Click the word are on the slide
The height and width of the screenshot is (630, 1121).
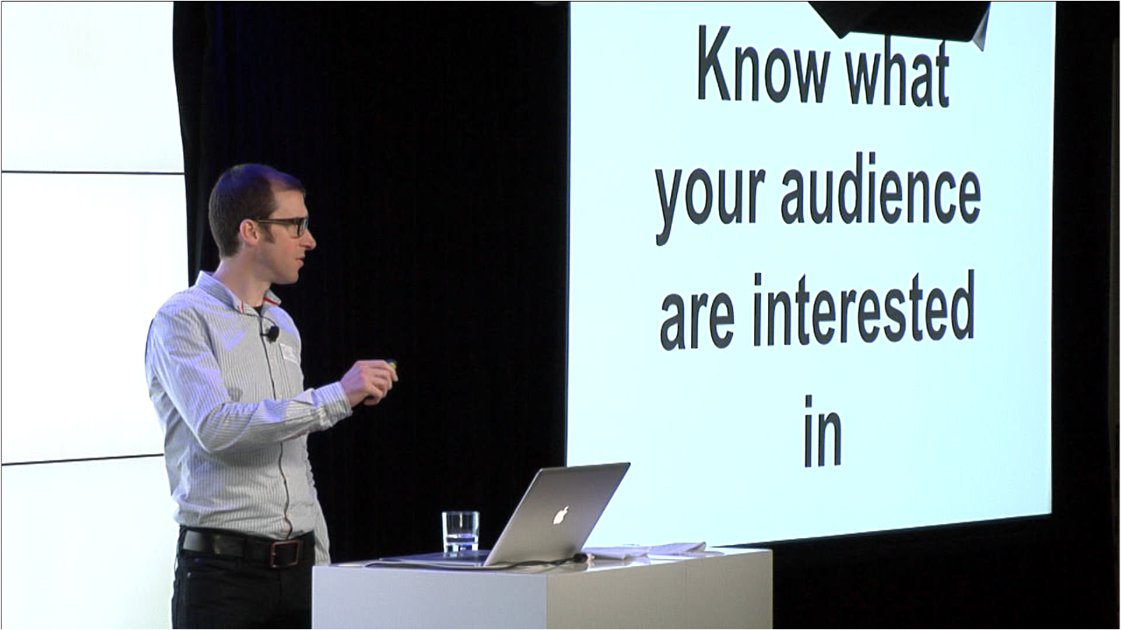697,321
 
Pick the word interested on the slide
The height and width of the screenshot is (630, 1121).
864,309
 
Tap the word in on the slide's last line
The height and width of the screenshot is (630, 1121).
822,431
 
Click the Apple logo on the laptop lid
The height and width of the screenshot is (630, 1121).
561,515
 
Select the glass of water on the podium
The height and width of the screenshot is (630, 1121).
460,532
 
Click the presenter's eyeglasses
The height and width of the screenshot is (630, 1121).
286,225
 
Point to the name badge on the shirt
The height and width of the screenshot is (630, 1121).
289,352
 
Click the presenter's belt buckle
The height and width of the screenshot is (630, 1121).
286,552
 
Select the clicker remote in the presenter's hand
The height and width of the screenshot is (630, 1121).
391,363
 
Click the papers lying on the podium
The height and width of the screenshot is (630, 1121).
651,550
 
